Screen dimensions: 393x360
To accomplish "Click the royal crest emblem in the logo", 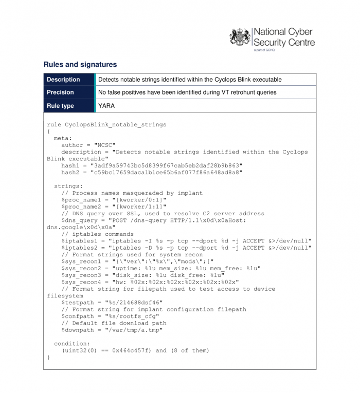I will click(240, 38).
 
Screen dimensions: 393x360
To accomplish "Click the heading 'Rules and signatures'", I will click(80, 65).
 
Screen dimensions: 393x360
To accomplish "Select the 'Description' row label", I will click(63, 80).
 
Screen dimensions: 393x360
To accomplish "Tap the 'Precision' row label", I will click(60, 92).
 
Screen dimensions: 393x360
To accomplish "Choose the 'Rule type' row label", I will click(60, 106).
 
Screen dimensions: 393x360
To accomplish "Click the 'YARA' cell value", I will click(106, 106).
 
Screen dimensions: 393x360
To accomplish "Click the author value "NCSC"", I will click(104, 145).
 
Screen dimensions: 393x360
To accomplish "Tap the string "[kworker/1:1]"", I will click(141, 207).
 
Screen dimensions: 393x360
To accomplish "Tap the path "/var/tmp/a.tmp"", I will click(134, 330).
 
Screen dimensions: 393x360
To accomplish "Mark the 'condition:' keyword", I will click(72, 344).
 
